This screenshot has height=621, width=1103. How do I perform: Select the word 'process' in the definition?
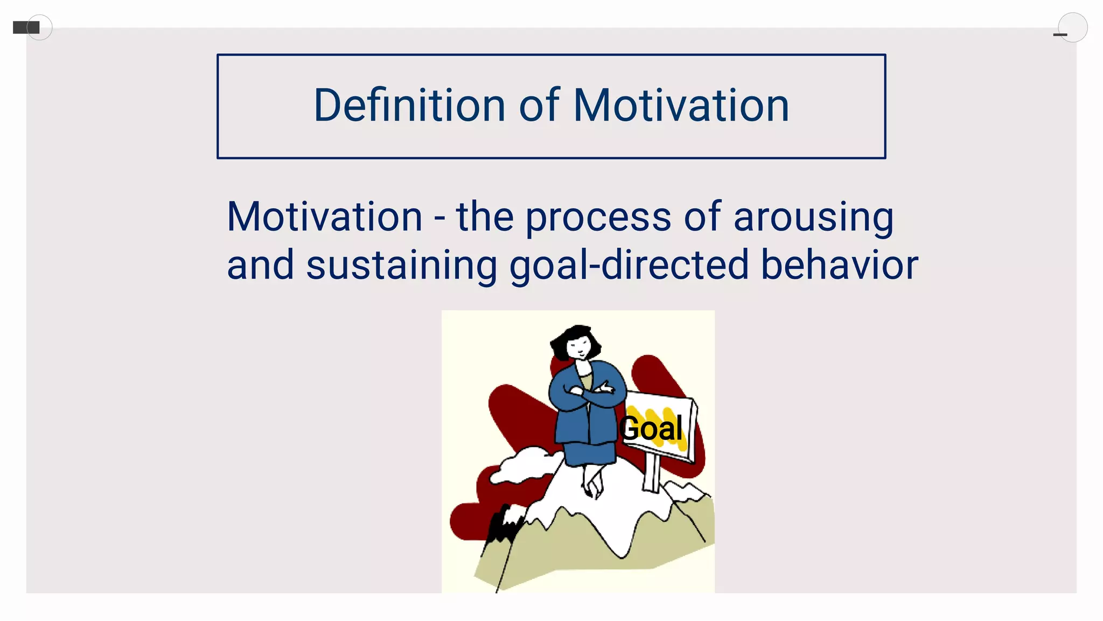click(x=598, y=218)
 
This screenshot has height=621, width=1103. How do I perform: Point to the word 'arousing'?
click(x=813, y=218)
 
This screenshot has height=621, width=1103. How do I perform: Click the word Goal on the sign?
click(x=651, y=429)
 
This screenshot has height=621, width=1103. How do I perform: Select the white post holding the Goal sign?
click(x=651, y=473)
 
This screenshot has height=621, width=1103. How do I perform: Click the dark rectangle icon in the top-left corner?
click(x=25, y=27)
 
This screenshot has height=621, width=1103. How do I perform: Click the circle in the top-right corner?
click(x=1072, y=27)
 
